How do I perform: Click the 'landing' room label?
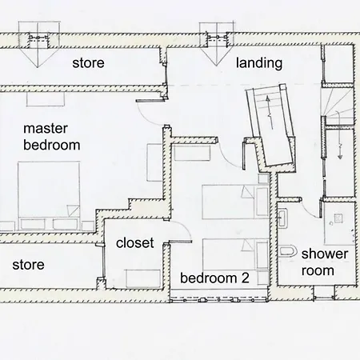click(259, 63)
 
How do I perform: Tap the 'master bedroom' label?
click(51, 137)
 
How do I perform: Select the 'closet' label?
click(135, 242)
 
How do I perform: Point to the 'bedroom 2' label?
click(214, 278)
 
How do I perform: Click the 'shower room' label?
click(325, 262)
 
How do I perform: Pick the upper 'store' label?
click(88, 63)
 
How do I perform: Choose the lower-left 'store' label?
click(28, 265)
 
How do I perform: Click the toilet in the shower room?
click(288, 251)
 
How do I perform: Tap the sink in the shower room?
click(282, 218)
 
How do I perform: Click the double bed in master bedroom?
click(49, 196)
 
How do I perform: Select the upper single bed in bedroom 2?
click(235, 202)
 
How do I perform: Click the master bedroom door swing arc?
click(146, 118)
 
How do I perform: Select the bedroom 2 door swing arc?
click(226, 158)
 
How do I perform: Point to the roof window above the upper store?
click(38, 43)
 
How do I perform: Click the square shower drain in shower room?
click(338, 218)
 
